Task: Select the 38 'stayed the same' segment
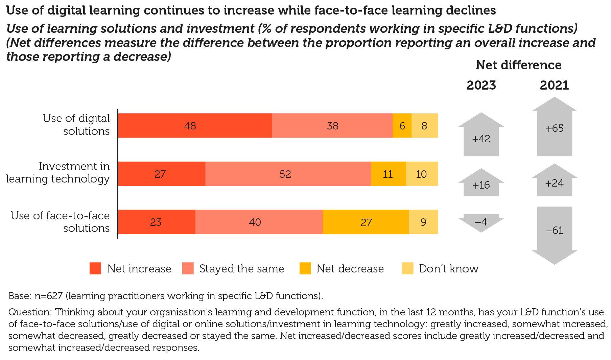point(332,126)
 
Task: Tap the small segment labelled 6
point(402,126)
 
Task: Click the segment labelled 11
point(388,174)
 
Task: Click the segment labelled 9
point(423,222)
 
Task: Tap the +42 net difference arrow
point(481,137)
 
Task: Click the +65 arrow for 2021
point(554,128)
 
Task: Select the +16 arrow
point(481,184)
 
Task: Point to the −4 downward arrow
point(481,222)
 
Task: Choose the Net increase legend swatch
point(95,268)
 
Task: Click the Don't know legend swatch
point(407,268)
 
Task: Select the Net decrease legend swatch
point(305,268)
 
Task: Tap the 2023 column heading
point(481,85)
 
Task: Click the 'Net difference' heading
point(518,65)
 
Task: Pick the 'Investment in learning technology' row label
point(58,172)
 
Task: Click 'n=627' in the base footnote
point(49,296)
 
